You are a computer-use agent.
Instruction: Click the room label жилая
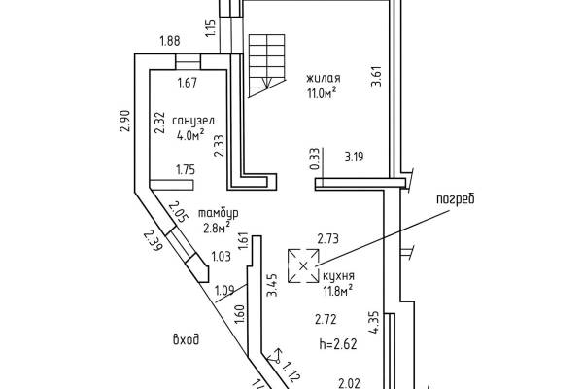tap(324, 79)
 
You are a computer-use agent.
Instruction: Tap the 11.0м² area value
tap(322, 92)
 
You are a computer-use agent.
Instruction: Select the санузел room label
tap(193, 121)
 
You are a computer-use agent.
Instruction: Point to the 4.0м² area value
tap(190, 135)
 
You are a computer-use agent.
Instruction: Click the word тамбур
tap(219, 214)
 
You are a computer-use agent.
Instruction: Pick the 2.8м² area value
tap(217, 227)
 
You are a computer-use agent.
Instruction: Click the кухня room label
tap(338, 276)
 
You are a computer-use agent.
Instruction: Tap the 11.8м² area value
tap(338, 291)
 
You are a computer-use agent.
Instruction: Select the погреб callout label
tap(456, 199)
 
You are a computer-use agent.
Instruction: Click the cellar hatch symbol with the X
tap(304, 265)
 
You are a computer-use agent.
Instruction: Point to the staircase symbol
tap(266, 66)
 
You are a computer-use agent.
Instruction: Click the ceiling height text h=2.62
tap(338, 344)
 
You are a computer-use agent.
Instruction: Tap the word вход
tap(186, 339)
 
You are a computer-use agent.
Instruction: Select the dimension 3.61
tap(376, 76)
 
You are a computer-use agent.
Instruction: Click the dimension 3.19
tap(354, 158)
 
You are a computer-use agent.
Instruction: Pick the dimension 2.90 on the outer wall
tap(124, 121)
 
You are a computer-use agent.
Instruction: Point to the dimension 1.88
tap(169, 40)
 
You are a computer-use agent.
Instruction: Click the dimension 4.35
tap(374, 322)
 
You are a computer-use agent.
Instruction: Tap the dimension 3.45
tap(272, 285)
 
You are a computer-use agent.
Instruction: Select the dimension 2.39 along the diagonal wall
tap(153, 240)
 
